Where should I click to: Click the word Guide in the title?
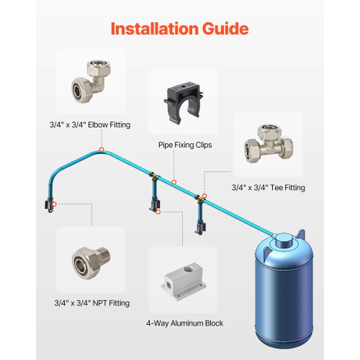222,29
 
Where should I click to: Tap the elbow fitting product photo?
90,81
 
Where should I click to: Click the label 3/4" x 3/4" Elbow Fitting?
90,125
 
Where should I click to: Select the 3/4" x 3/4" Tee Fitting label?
268,187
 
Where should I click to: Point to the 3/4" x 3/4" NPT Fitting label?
90,303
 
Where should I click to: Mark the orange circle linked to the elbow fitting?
101,149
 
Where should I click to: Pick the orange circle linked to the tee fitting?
204,195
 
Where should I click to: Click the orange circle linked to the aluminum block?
160,212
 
